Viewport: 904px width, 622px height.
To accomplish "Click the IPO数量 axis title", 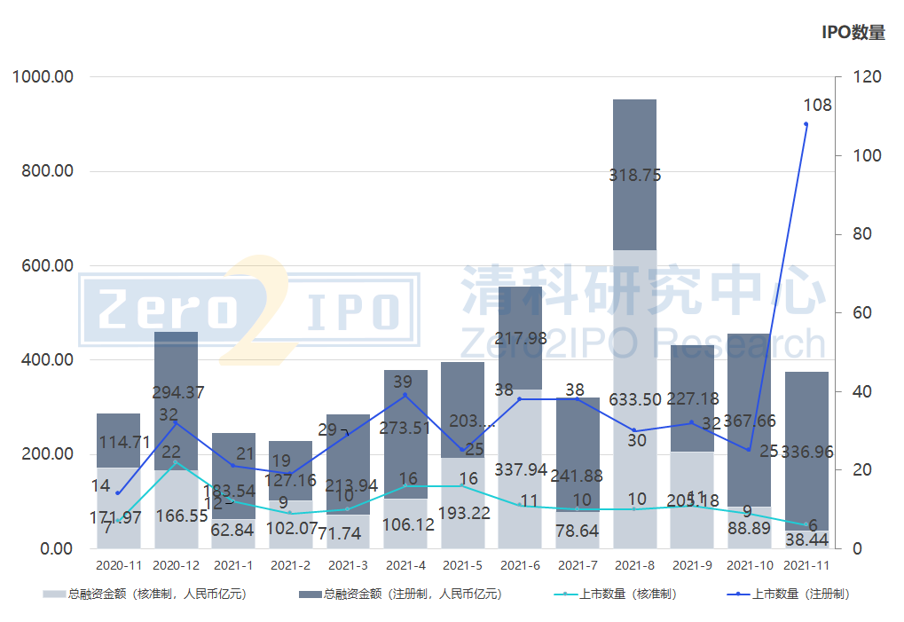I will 853,33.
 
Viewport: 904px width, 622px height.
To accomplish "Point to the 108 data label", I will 817,106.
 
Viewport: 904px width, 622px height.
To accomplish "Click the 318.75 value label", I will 634,176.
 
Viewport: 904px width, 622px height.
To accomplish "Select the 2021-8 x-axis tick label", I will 634,565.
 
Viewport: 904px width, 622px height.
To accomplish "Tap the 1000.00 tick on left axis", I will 43,77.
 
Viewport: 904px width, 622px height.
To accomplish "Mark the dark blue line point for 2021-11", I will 806,124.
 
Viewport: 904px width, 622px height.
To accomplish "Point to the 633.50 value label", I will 634,399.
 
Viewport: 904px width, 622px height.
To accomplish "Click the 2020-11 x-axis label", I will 118,565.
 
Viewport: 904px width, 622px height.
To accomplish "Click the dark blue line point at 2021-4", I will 405,395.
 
